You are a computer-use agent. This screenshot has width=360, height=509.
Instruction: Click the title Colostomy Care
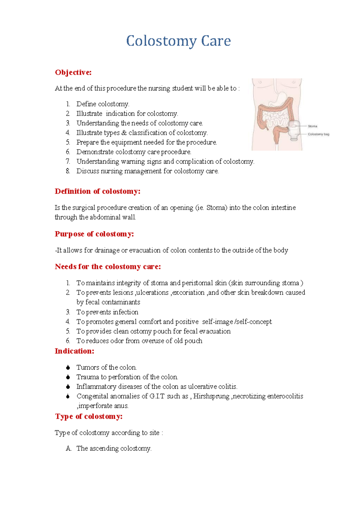tap(178, 41)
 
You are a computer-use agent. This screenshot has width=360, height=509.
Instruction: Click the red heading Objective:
tap(73, 73)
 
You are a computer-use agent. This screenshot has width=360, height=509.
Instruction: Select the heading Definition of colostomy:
tap(97, 191)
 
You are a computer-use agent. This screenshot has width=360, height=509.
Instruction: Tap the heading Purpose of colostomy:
tap(94, 234)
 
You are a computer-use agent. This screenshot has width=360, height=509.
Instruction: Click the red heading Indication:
tap(74, 351)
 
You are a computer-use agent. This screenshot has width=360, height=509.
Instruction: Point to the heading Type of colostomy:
tap(88, 416)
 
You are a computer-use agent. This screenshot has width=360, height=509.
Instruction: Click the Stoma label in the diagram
tap(312, 126)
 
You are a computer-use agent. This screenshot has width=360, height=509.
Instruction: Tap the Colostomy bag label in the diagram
tap(318, 134)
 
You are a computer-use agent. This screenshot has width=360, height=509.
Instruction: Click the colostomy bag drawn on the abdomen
tap(294, 130)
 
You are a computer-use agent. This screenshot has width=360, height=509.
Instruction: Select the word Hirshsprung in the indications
tap(211, 396)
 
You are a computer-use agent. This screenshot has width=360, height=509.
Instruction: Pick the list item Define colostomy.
tap(103, 104)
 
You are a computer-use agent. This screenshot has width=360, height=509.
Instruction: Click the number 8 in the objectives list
tap(68, 171)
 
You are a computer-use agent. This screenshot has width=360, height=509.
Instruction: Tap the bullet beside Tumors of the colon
tap(68, 368)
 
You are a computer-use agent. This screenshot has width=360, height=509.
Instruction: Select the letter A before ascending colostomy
tap(68, 448)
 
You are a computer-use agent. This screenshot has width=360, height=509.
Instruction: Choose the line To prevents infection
tap(107, 312)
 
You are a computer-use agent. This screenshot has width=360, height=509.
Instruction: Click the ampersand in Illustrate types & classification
tap(124, 133)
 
